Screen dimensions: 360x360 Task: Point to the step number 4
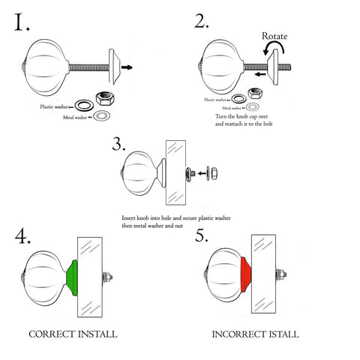tap(23, 237)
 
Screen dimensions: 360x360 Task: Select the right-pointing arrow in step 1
tap(128, 67)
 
